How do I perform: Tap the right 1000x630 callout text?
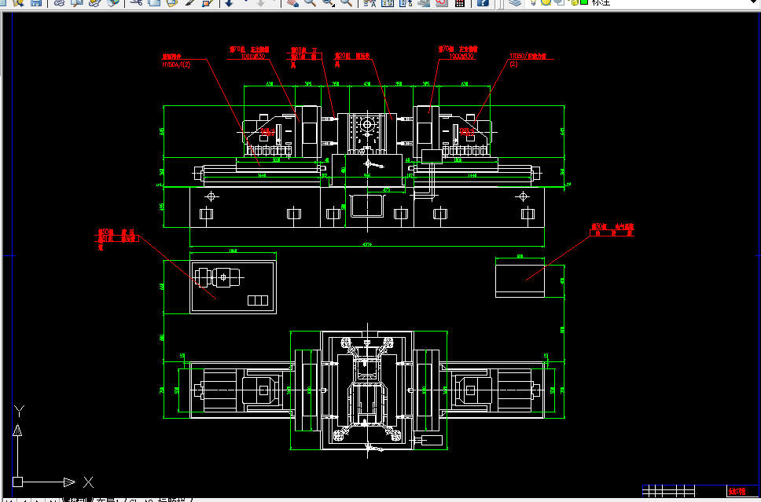coord(461,57)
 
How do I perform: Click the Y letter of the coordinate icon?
coord(21,410)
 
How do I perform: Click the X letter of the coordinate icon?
coord(88,482)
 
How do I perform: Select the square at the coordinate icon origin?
coord(17,482)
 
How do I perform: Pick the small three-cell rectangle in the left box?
coord(257,300)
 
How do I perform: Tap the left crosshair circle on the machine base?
coord(210,196)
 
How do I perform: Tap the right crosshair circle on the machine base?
coord(523,196)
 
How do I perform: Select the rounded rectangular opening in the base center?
coord(366,206)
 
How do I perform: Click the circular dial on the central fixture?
coord(366,126)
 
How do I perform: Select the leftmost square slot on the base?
coord(206,214)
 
